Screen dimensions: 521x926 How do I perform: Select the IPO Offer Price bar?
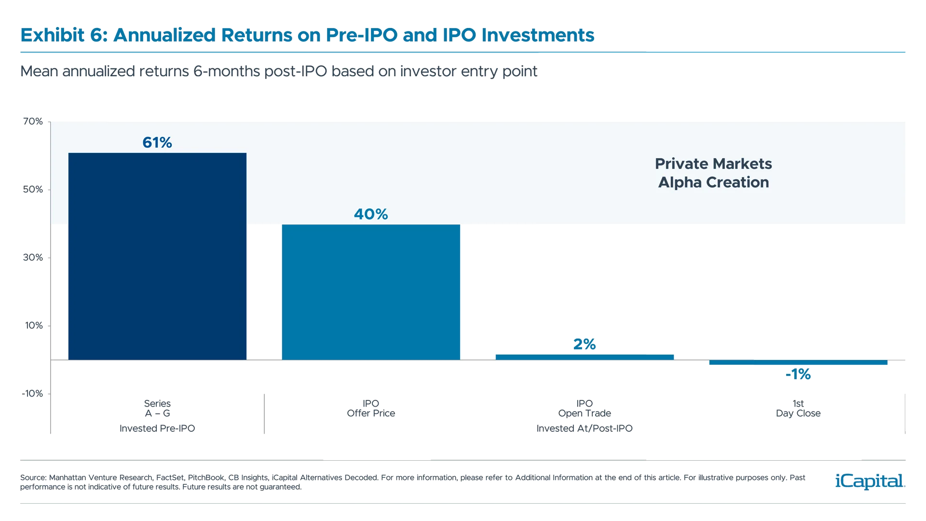point(371,292)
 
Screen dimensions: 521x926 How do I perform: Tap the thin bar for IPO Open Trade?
point(585,357)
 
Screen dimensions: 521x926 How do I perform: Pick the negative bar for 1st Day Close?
point(798,363)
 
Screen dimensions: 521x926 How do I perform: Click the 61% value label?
point(157,142)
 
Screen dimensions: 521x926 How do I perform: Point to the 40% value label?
point(371,214)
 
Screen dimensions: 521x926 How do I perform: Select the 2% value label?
point(585,344)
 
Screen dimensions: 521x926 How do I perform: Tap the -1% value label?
point(798,374)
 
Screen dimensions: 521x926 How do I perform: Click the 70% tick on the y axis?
point(33,122)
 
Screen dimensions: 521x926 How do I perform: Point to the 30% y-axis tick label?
point(33,258)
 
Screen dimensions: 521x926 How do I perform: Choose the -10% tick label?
point(32,394)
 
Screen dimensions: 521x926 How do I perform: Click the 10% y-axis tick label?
point(33,326)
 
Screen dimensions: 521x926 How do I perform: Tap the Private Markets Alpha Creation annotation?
point(713,173)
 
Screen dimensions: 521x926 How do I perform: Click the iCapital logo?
point(868,481)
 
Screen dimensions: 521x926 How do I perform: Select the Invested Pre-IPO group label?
point(158,428)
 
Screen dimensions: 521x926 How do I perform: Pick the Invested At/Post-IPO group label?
point(584,428)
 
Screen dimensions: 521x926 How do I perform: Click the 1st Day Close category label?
point(798,408)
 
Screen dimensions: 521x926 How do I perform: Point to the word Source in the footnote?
point(32,478)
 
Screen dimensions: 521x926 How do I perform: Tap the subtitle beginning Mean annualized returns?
point(279,71)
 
